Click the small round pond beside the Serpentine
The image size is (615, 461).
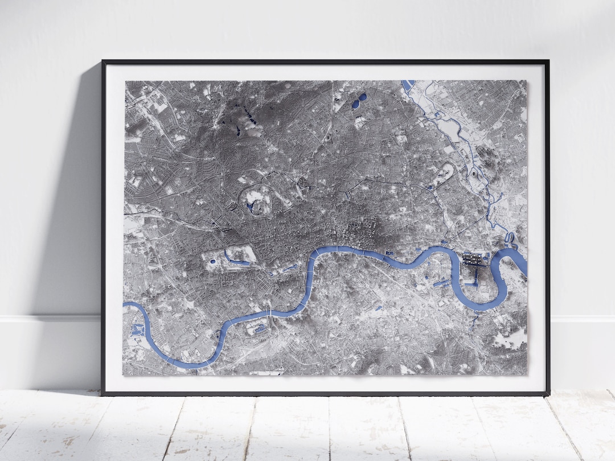[x=212, y=261]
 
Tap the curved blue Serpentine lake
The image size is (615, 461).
[x=236, y=261]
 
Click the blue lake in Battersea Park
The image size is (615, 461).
[x=260, y=328]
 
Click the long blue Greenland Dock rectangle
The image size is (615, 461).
[x=442, y=283]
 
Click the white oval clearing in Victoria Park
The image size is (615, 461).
[x=445, y=170]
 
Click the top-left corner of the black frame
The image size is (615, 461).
[x=103, y=61]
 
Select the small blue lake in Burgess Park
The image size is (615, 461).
[x=378, y=308]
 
